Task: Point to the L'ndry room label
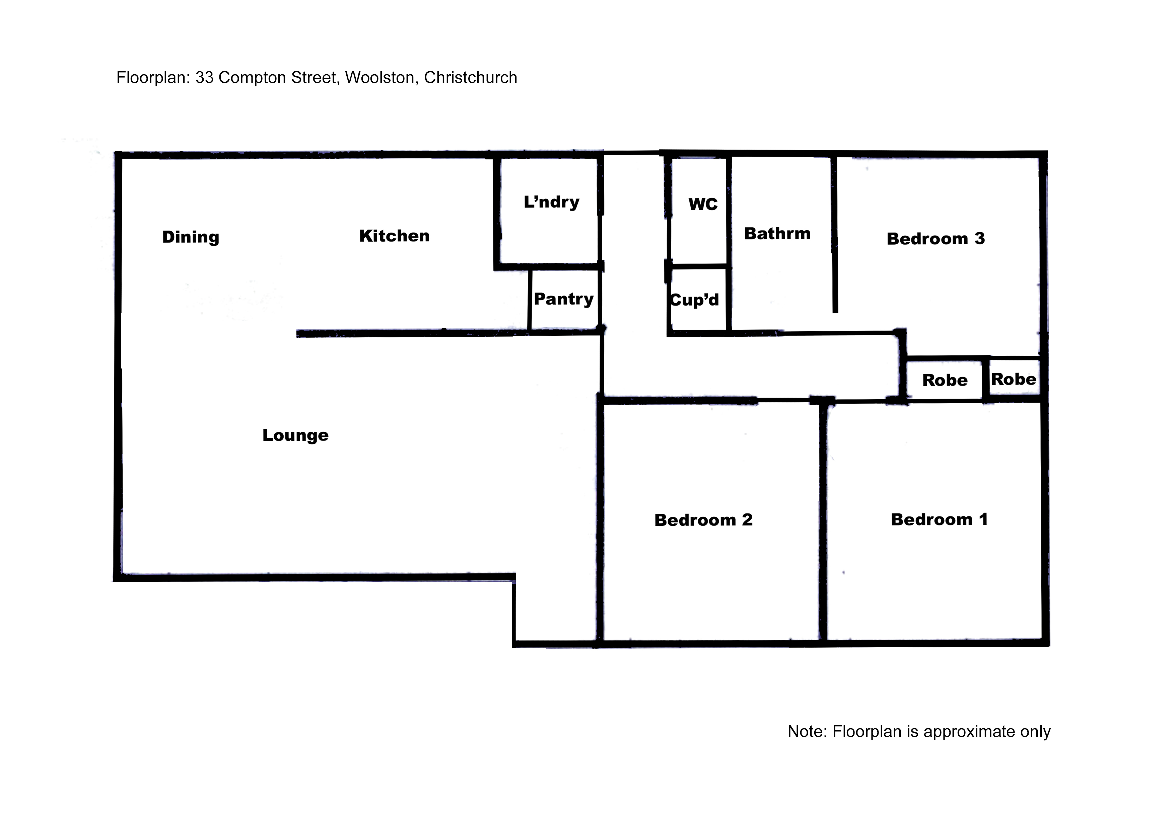click(x=551, y=202)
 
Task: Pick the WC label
click(x=703, y=204)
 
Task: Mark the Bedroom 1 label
click(x=939, y=519)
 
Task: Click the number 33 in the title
click(x=204, y=78)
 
